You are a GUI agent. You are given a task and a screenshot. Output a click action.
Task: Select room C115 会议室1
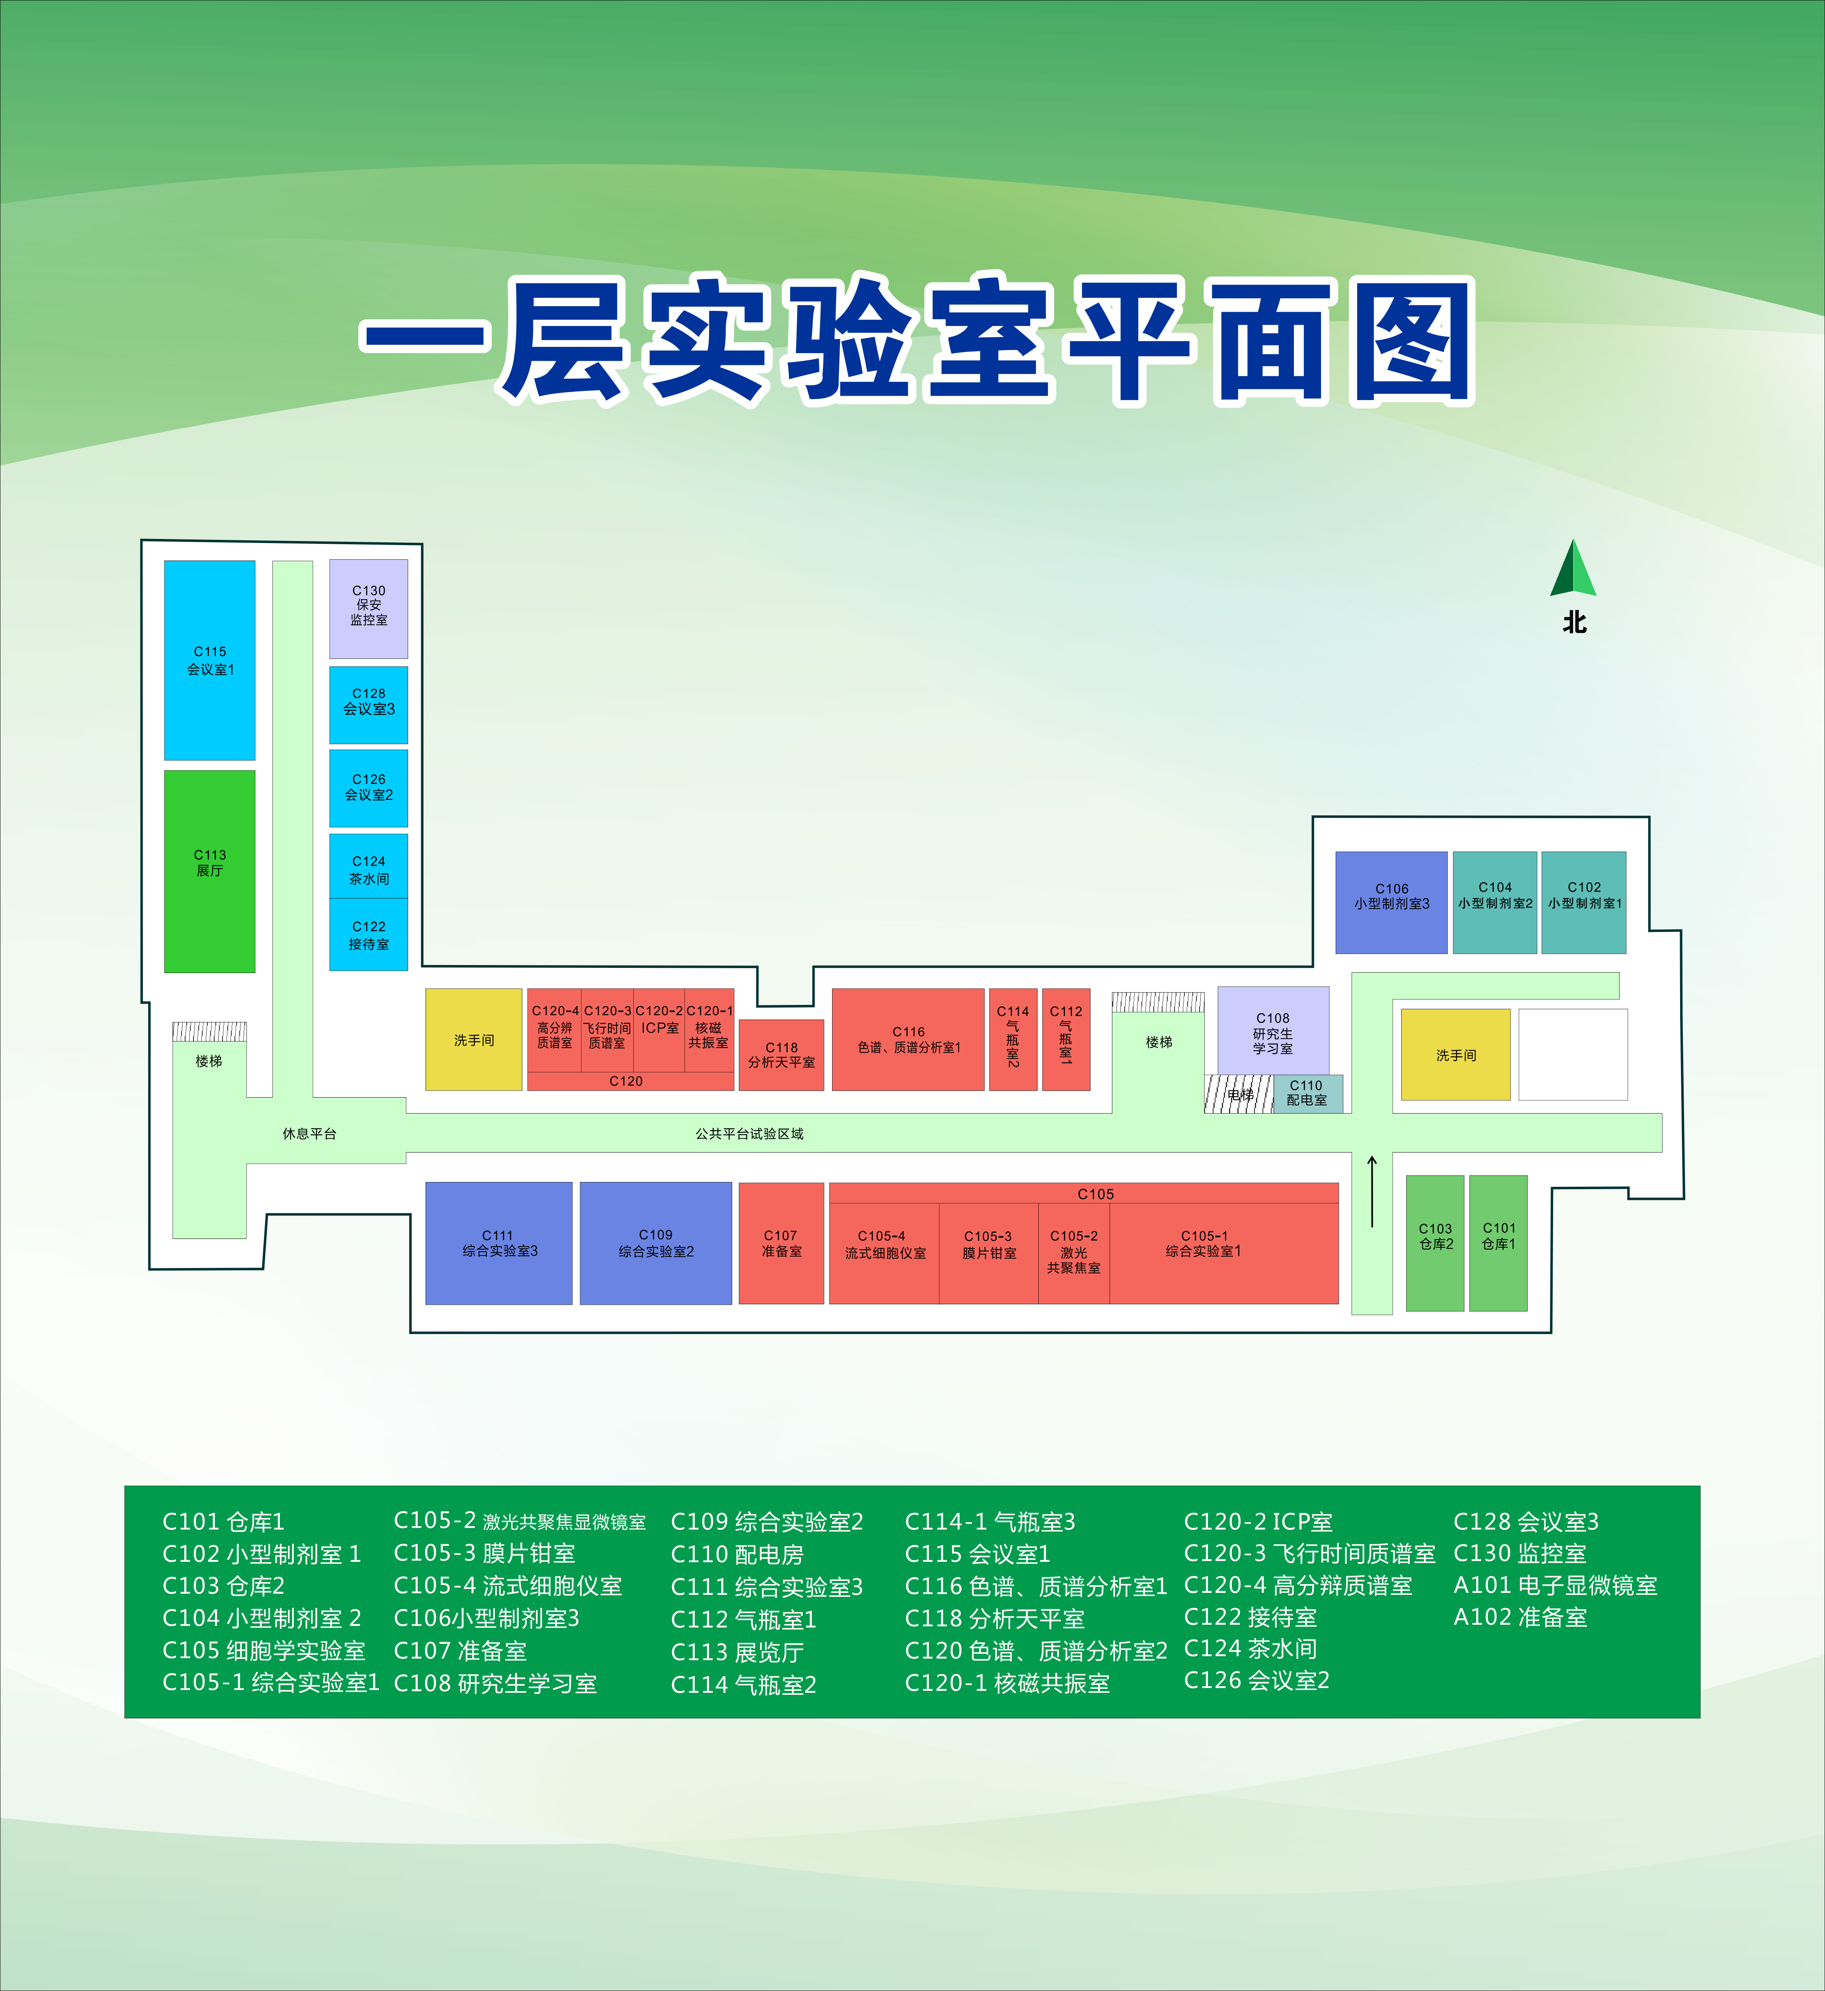(x=209, y=660)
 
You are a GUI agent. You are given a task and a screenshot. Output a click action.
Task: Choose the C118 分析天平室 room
(x=781, y=1055)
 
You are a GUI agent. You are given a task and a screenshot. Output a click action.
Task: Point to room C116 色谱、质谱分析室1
(x=909, y=1039)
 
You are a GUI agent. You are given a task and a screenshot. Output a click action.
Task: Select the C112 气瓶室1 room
(x=1065, y=1039)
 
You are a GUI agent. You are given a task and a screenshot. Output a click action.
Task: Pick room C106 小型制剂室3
(x=1391, y=902)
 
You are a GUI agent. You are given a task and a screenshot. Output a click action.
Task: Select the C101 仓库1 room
(x=1498, y=1243)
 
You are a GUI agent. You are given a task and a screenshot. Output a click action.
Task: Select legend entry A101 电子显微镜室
(x=1554, y=1585)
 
